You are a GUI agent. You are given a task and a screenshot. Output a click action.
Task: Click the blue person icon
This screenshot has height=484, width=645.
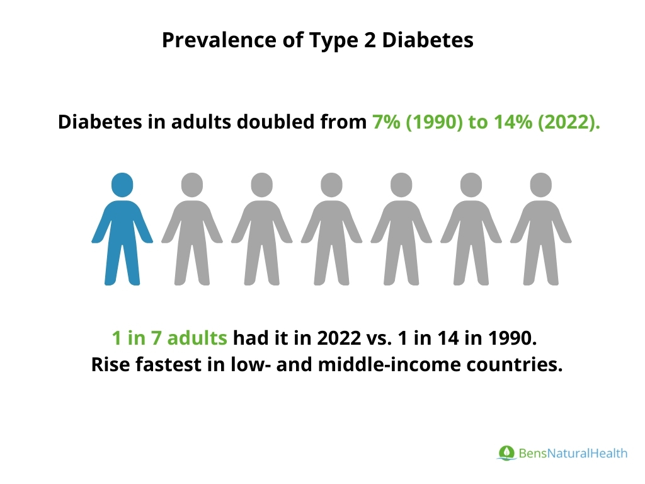[122, 230]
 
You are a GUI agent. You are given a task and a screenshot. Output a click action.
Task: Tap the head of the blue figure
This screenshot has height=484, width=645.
[122, 185]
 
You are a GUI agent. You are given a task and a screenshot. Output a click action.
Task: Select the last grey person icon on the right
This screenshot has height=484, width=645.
[541, 230]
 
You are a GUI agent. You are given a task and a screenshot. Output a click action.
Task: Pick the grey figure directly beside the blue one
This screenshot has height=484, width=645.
[192, 230]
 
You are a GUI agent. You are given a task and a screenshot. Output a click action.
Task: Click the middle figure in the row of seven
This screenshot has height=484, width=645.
[332, 230]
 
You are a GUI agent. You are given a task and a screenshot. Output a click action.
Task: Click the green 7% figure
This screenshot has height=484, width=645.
[385, 122]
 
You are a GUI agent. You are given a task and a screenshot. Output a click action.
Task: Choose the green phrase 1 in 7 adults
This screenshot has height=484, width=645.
[169, 338]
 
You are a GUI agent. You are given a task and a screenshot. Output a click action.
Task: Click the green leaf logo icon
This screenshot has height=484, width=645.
[506, 452]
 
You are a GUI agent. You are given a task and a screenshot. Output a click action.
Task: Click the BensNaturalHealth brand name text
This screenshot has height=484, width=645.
[573, 453]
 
